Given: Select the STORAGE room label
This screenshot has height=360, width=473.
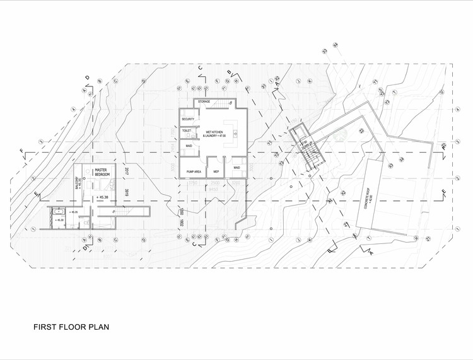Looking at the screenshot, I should [x=204, y=102].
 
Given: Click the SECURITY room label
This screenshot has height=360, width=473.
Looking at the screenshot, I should [x=188, y=119].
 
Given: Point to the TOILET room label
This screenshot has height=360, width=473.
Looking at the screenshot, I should [x=187, y=131].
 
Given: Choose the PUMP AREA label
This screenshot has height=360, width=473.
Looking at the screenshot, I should [x=194, y=171].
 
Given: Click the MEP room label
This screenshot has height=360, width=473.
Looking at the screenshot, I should [x=216, y=171].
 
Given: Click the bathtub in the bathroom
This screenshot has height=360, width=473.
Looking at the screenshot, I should [x=53, y=218].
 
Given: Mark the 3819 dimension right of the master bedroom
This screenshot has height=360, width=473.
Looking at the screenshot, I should [x=127, y=194].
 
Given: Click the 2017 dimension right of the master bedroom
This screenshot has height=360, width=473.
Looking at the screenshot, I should [x=126, y=171].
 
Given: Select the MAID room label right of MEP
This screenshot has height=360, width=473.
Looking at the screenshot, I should [x=237, y=168].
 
